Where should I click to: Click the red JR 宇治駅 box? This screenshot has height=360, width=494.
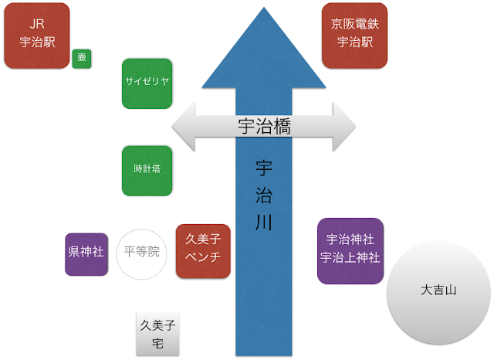pos(36,35)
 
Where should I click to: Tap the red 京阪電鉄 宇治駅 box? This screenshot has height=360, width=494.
pos(354,35)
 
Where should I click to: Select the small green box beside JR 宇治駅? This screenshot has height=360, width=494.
pos(82,59)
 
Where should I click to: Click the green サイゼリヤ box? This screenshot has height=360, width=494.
pos(147,82)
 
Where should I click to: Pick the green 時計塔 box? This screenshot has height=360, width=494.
pos(147,170)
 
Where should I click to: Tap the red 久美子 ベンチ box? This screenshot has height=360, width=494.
pos(203,250)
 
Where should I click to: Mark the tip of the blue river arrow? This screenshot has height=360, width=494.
pos(263,9)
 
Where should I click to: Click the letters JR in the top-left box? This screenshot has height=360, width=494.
pos(36,25)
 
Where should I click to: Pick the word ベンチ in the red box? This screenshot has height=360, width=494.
pos(203,258)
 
